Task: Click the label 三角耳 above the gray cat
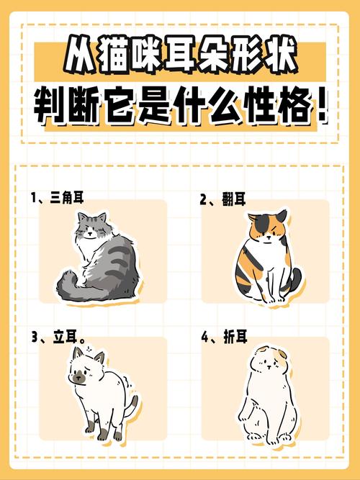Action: point(66,198)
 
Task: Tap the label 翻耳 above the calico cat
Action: point(234,199)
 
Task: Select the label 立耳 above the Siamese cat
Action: point(65,337)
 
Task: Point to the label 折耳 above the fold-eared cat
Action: point(235,337)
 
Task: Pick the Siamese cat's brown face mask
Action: point(79,377)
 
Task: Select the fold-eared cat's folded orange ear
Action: point(282,355)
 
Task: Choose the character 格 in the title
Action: point(294,107)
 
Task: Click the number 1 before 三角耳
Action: point(34,198)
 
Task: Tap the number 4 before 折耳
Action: point(204,337)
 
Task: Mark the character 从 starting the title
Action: point(80,55)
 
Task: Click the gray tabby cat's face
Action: point(91,230)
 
